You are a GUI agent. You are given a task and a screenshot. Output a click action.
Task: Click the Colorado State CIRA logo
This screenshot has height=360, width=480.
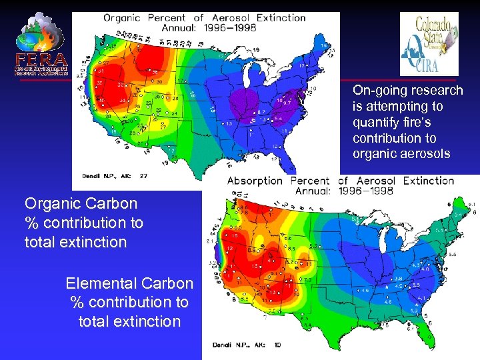pyautogui.click(x=429, y=44)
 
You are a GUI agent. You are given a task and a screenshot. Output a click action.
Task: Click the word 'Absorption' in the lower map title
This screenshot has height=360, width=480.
pyautogui.click(x=255, y=181)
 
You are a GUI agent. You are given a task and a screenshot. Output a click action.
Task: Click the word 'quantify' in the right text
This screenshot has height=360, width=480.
pyautogui.click(x=374, y=122)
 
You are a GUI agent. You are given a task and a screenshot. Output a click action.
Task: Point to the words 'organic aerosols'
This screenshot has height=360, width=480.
pyautogui.click(x=402, y=154)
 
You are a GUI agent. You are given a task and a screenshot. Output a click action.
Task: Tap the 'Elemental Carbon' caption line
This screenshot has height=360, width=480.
pyautogui.click(x=129, y=283)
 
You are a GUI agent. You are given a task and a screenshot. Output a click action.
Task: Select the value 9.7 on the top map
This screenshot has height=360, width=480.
pyautogui.click(x=287, y=104)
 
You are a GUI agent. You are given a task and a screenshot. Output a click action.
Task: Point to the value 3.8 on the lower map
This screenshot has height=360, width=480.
pyautogui.click(x=398, y=278)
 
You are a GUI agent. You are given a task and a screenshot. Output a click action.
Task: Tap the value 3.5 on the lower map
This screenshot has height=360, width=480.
pyautogui.click(x=415, y=285)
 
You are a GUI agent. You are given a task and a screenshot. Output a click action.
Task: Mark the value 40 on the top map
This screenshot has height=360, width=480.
pyautogui.click(x=101, y=100)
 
